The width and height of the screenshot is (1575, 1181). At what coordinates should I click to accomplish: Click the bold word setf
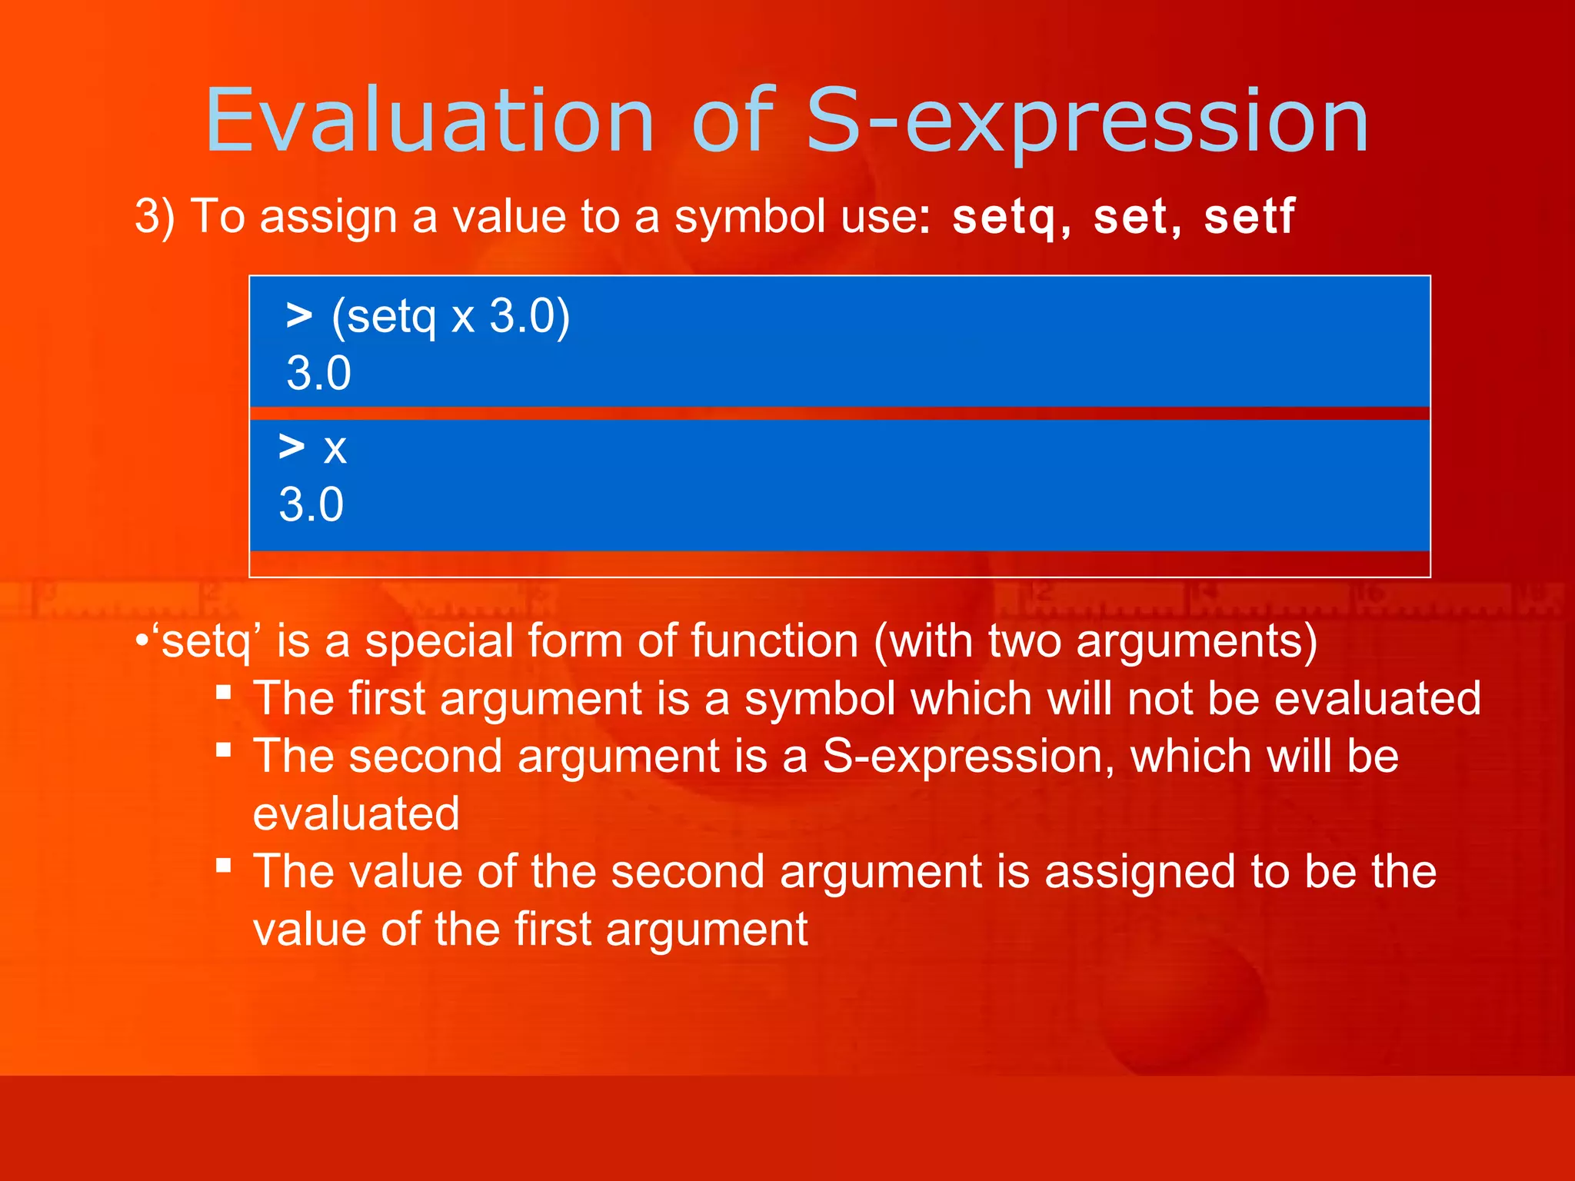[1249, 217]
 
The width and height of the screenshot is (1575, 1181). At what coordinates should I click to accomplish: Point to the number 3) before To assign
[155, 217]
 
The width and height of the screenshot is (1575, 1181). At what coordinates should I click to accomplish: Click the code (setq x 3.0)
[451, 317]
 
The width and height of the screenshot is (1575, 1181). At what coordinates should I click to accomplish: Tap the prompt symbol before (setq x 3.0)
[299, 315]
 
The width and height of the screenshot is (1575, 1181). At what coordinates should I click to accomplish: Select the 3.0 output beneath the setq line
[318, 374]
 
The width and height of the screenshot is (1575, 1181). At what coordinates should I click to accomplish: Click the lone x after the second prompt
[335, 448]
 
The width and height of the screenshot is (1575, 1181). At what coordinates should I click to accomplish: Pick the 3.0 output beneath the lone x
[311, 505]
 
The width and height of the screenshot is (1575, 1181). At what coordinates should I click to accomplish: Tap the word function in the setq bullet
[774, 640]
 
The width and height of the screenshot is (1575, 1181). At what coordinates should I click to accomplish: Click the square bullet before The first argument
[224, 692]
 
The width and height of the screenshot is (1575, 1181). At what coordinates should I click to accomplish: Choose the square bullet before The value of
[224, 866]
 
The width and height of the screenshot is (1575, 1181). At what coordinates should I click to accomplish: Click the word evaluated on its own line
[356, 814]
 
